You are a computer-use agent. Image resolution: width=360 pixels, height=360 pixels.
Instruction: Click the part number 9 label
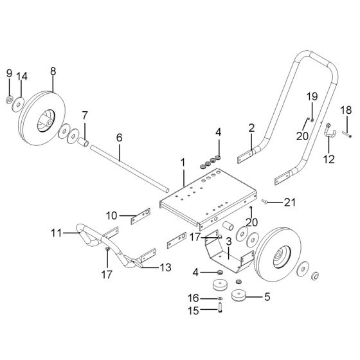click(9, 73)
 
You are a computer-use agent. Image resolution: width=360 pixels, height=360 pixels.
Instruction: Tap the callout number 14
click(22, 76)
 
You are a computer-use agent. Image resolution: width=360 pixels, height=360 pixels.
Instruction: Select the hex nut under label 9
click(9, 100)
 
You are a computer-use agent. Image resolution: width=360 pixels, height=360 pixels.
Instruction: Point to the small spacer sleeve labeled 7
click(84, 142)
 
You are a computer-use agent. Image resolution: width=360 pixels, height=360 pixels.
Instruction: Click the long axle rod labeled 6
click(130, 168)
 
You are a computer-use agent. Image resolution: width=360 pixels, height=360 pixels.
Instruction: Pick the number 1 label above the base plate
click(183, 163)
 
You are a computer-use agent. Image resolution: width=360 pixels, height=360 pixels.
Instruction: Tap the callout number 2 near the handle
click(251, 129)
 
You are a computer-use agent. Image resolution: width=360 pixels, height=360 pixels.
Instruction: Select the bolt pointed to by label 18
click(347, 134)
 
